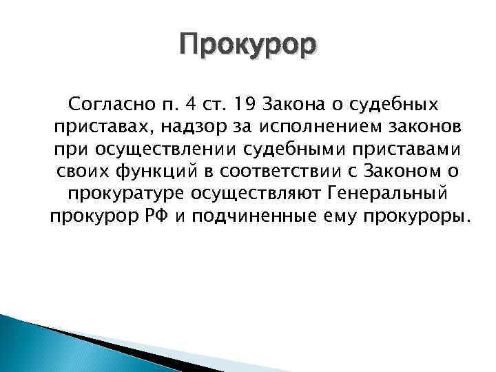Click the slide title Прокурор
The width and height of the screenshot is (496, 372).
pyautogui.click(x=248, y=46)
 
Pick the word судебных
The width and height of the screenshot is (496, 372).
pyautogui.click(x=400, y=105)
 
